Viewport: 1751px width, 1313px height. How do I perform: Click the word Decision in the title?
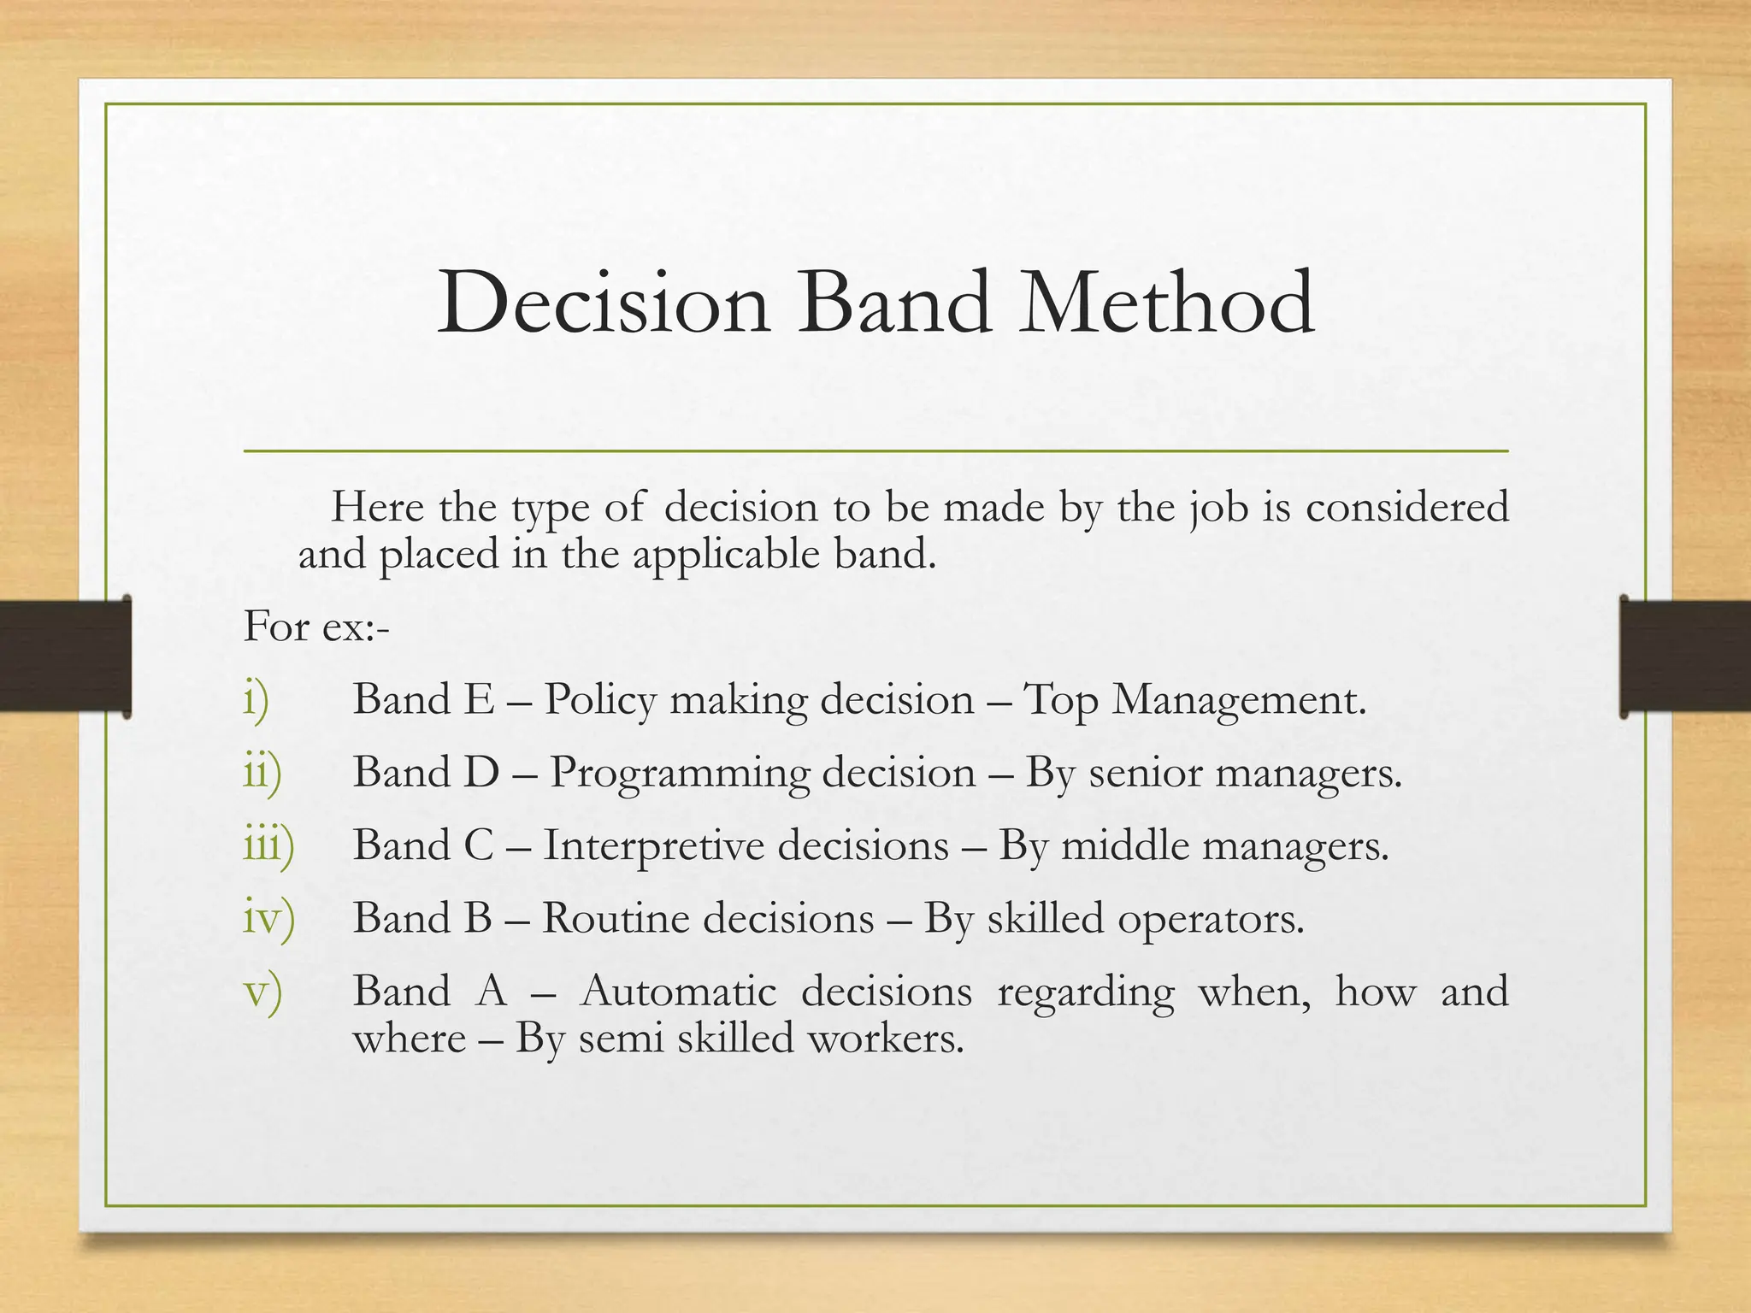(x=603, y=303)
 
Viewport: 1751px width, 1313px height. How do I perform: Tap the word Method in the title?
(x=1166, y=303)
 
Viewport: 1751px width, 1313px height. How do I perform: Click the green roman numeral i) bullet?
(x=256, y=700)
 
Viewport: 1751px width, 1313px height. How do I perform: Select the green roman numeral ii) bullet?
(x=262, y=773)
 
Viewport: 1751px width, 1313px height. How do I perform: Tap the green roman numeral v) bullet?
(x=262, y=992)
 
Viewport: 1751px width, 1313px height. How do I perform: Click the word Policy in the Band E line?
(x=600, y=701)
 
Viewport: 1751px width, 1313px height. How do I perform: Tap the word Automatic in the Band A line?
(x=678, y=992)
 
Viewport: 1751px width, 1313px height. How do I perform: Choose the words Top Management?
(x=1194, y=701)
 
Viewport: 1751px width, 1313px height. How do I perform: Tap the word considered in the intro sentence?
(x=1407, y=507)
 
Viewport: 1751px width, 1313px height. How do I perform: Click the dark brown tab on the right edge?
(x=1685, y=656)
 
